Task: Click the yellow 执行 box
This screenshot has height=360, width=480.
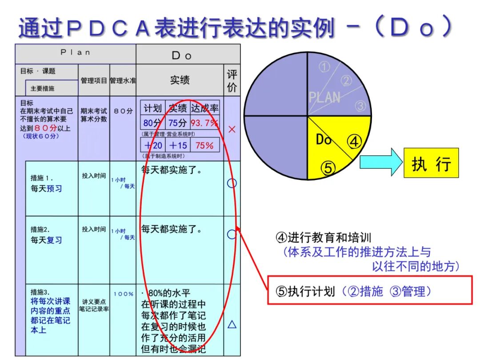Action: [431, 163]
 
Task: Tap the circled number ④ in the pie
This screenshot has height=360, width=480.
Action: [354, 142]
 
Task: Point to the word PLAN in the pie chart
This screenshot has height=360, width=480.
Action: [324, 97]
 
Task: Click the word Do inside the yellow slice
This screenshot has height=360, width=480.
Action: [324, 140]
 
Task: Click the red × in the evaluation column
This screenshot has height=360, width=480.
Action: [232, 129]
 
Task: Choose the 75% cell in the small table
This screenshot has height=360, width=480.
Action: [204, 145]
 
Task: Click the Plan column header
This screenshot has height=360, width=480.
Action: [76, 52]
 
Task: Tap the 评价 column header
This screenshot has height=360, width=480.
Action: [232, 80]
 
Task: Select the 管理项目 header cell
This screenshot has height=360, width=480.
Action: [94, 80]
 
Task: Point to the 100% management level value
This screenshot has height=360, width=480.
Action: [123, 294]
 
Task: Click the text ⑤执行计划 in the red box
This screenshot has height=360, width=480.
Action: [305, 292]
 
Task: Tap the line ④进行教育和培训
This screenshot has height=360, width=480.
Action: [324, 238]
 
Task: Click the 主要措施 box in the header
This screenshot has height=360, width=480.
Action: [42, 88]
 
